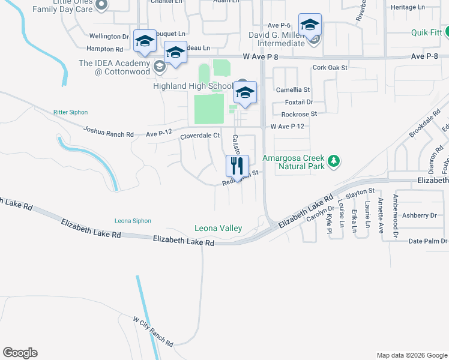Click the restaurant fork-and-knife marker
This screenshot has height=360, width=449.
tap(237, 165)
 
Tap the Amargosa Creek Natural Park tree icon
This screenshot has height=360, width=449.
tap(335, 161)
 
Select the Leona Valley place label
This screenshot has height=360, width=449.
tap(218, 228)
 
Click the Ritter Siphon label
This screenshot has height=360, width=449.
tap(70, 112)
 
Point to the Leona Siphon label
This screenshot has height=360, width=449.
tap(134, 221)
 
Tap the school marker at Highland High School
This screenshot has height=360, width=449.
tap(245, 92)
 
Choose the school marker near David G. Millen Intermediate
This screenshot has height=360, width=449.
tap(310, 25)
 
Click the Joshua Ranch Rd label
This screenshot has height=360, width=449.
tap(109, 131)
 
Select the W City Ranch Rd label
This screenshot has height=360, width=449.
tap(153, 332)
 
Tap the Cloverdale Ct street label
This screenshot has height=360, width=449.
tap(200, 136)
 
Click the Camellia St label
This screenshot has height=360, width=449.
tap(292, 89)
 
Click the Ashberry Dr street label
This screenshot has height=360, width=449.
tap(420, 215)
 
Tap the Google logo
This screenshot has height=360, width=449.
tap(20, 353)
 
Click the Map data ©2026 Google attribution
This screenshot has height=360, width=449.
tap(411, 355)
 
